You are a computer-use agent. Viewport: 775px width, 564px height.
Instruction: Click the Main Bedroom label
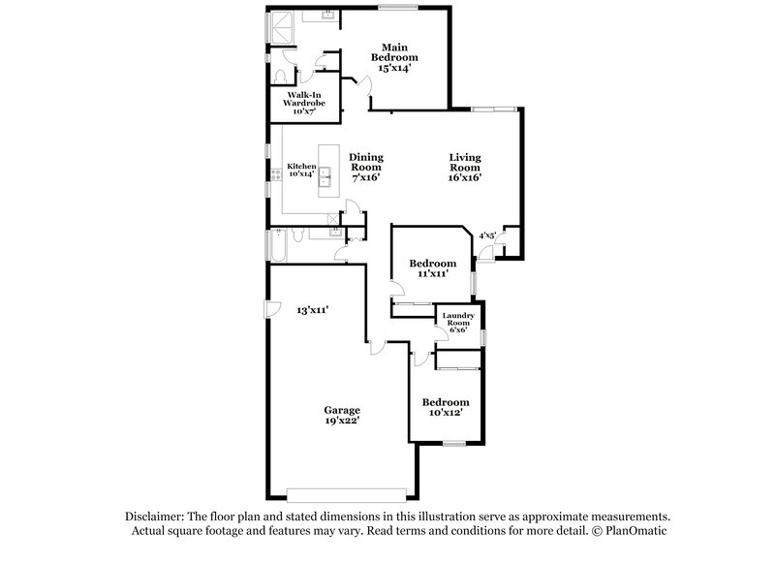(x=393, y=57)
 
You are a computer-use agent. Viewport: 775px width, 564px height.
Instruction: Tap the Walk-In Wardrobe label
(x=302, y=102)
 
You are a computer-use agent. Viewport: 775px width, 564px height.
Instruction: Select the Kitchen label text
(x=301, y=171)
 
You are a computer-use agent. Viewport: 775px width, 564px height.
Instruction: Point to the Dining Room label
(x=365, y=167)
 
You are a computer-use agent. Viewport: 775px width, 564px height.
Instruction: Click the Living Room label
(x=465, y=167)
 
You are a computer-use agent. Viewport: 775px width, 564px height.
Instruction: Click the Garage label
(x=342, y=415)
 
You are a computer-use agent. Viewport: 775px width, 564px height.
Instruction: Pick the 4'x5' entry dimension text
(x=487, y=235)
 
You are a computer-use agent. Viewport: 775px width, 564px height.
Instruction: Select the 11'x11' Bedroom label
(x=432, y=268)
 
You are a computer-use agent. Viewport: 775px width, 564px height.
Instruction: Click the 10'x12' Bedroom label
(x=446, y=407)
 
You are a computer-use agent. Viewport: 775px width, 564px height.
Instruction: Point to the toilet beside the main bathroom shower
(x=279, y=77)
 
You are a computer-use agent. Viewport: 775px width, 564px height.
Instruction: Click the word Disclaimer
(x=153, y=517)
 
